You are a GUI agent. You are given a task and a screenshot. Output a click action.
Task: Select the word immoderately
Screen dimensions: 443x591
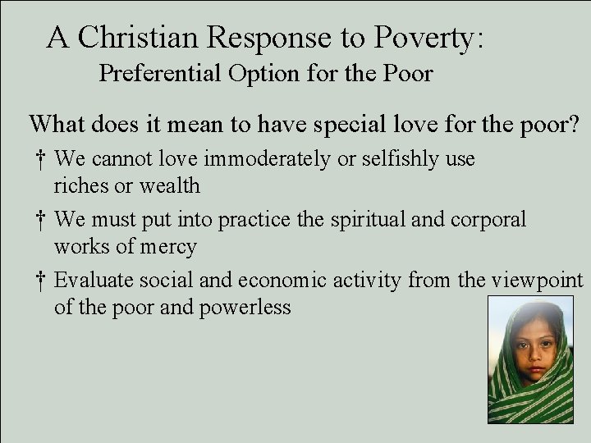click(268, 158)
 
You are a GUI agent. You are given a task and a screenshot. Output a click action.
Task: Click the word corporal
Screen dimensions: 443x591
click(493, 220)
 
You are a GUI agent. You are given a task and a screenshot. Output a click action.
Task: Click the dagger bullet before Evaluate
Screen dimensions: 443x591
click(41, 281)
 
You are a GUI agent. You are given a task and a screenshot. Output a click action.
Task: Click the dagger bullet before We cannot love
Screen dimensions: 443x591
click(41, 158)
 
